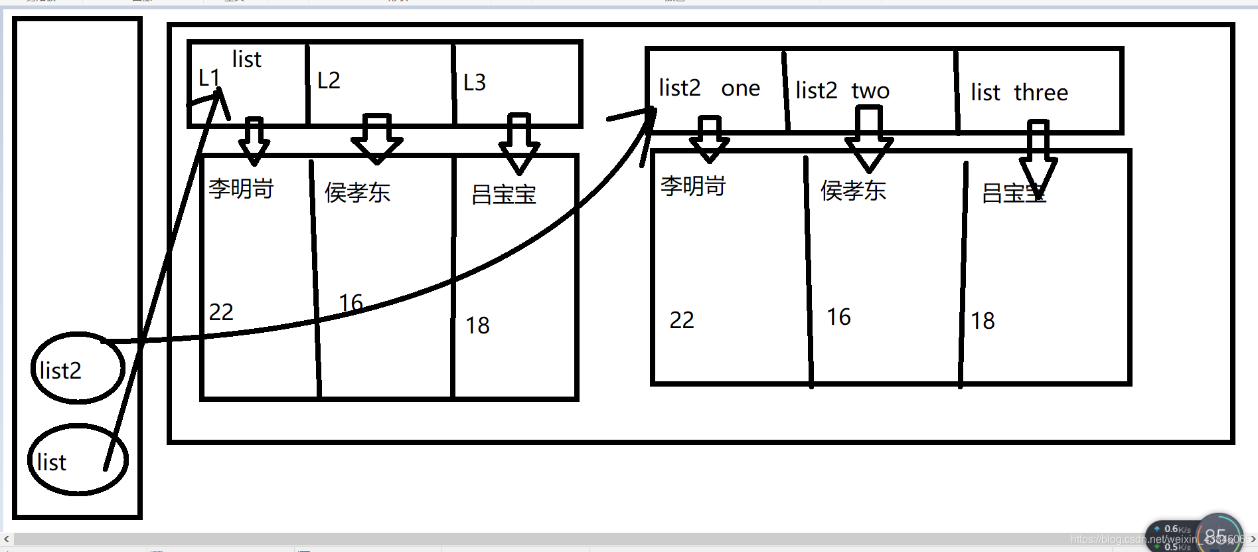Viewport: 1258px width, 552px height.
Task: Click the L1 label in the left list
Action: tap(208, 78)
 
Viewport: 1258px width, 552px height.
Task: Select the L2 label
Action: tap(329, 80)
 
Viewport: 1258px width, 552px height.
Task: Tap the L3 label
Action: tap(475, 82)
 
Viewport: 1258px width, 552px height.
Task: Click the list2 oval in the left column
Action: tap(77, 368)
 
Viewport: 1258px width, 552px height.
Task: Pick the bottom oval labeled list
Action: tap(77, 460)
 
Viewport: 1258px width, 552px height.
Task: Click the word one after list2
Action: tap(741, 88)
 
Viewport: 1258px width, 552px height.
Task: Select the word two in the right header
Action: tap(870, 90)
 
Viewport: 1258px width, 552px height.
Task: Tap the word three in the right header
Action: tap(1041, 92)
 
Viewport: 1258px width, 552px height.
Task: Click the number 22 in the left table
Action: tap(221, 312)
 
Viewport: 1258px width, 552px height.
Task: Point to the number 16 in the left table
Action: tap(351, 303)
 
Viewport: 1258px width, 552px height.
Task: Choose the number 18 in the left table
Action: tap(477, 325)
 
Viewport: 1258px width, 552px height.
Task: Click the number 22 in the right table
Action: tap(682, 320)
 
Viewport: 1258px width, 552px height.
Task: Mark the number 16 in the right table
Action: tap(838, 317)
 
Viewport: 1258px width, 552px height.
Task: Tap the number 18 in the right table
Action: tap(983, 322)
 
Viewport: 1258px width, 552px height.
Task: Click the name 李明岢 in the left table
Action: tap(241, 189)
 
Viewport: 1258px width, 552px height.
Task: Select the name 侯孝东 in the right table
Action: tap(853, 191)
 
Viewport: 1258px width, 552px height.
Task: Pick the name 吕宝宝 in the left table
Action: tap(504, 195)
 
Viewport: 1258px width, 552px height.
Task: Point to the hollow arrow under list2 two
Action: tap(868, 140)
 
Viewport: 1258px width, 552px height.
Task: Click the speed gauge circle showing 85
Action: tap(1219, 535)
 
